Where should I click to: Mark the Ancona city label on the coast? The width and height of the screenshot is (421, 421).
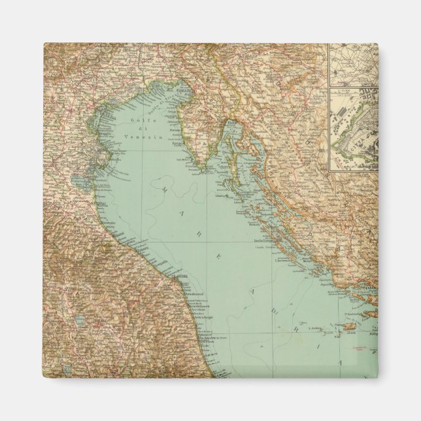pos(184,279)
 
